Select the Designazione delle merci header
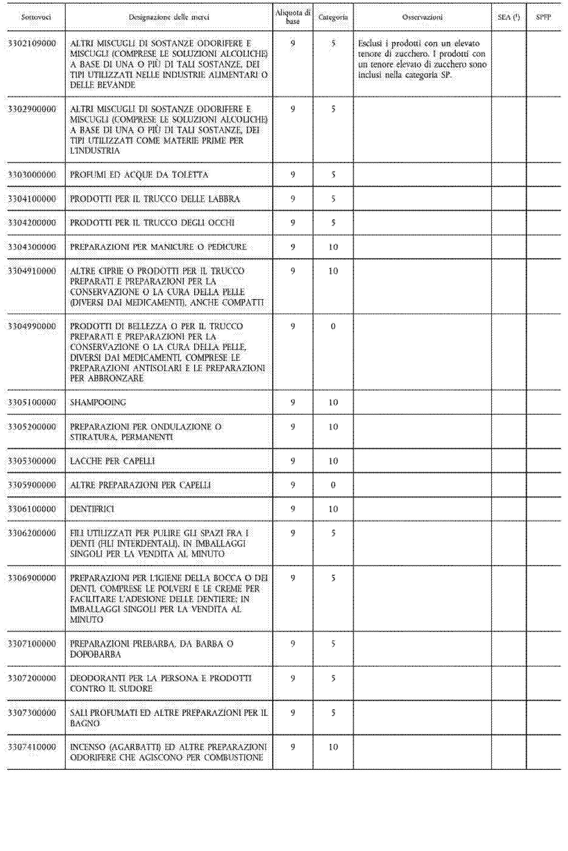pyautogui.click(x=169, y=17)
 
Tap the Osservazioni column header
pyautogui.click(x=422, y=17)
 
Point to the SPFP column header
pyautogui.click(x=543, y=17)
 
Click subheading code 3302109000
pyautogui.click(x=32, y=43)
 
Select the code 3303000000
pyautogui.click(x=32, y=175)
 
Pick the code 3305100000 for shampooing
pyautogui.click(x=32, y=402)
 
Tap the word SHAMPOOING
pyautogui.click(x=98, y=402)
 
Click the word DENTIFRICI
pyautogui.click(x=92, y=509)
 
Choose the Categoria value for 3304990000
pyautogui.click(x=333, y=326)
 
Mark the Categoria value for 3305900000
pyautogui.click(x=333, y=485)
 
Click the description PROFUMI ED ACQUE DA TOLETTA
pyautogui.click(x=139, y=175)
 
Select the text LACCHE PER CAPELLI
pyautogui.click(x=112, y=461)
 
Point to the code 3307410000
pyautogui.click(x=32, y=747)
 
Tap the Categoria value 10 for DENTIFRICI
pyautogui.click(x=333, y=509)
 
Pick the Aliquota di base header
pyautogui.click(x=293, y=17)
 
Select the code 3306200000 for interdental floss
pyautogui.click(x=32, y=533)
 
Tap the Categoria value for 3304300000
pyautogui.click(x=333, y=247)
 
